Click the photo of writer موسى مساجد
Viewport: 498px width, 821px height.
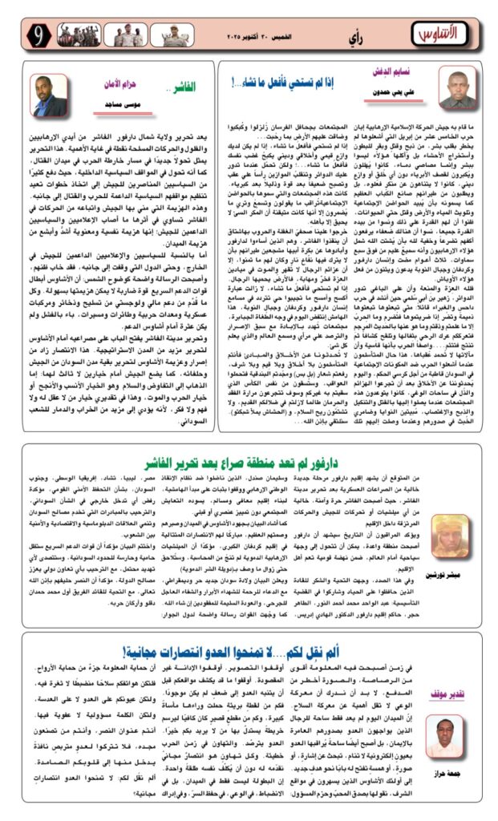(50, 95)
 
